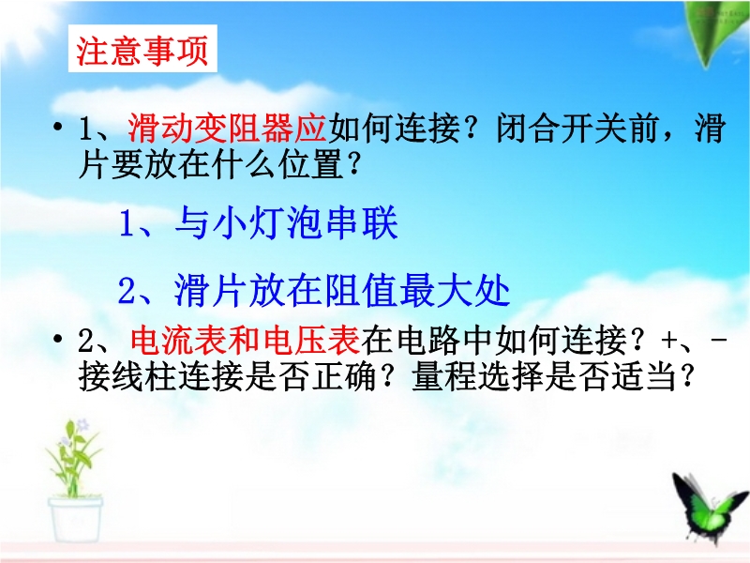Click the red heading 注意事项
click(142, 51)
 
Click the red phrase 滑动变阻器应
click(227, 129)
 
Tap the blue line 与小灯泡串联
click(287, 223)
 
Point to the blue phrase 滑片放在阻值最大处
click(342, 290)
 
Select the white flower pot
click(76, 520)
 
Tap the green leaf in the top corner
click(717, 30)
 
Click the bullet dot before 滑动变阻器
click(58, 128)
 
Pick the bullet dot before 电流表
click(58, 340)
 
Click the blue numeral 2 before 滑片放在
click(127, 291)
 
